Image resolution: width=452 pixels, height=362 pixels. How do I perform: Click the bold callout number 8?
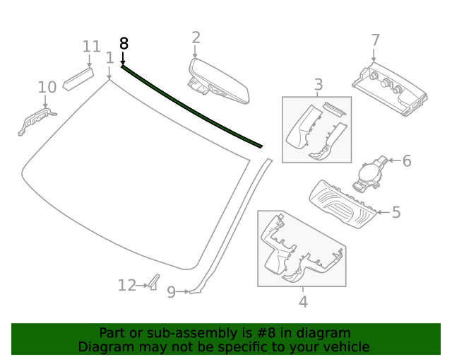tap(124, 43)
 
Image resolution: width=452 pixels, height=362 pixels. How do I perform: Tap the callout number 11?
tap(91, 47)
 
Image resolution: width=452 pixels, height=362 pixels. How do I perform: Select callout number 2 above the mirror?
tap(196, 37)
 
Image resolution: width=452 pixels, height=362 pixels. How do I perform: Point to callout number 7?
tap(375, 40)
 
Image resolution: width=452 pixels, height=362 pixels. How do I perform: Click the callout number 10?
tap(47, 87)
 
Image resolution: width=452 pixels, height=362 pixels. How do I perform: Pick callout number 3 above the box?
tap(319, 85)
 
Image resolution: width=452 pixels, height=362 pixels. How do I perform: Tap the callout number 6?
tap(406, 161)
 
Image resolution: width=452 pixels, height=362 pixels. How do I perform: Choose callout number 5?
tap(396, 211)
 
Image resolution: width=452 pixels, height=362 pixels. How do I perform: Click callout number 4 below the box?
tap(303, 302)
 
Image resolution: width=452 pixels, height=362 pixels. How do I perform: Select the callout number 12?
tap(126, 286)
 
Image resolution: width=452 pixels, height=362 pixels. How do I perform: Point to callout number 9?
tap(171, 291)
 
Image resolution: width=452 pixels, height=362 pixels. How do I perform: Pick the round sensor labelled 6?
tap(370, 173)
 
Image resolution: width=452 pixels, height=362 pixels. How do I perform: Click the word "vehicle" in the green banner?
tap(344, 346)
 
